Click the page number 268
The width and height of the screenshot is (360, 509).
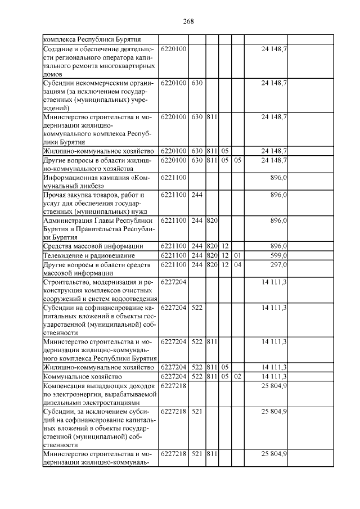[x=188, y=21]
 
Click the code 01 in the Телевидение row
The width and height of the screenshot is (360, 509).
[x=237, y=255]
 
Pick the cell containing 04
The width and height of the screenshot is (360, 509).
[x=237, y=264]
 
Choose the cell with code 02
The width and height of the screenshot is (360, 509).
[x=237, y=376]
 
